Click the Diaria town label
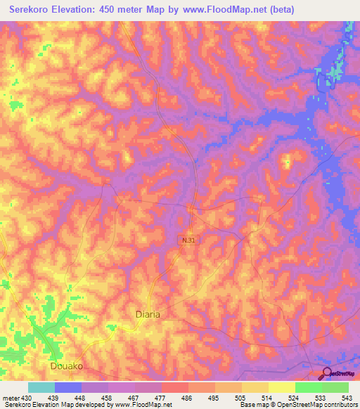click(x=148, y=315)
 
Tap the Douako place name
click(x=68, y=366)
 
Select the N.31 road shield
click(x=188, y=240)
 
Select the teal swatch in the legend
click(x=41, y=387)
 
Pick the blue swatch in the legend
click(x=68, y=387)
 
